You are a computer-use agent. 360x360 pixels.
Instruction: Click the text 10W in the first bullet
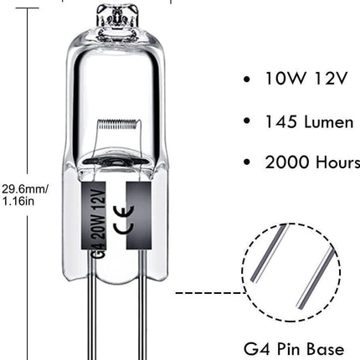(285, 78)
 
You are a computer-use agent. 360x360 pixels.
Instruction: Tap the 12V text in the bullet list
(330, 78)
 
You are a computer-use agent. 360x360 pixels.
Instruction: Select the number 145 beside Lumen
(280, 121)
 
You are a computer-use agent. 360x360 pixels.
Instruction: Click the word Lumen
(329, 121)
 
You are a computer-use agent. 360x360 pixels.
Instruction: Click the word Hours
(338, 162)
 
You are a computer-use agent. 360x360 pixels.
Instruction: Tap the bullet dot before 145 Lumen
(247, 121)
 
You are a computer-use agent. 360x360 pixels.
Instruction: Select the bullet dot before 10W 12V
(247, 80)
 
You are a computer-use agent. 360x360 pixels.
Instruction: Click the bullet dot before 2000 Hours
(247, 162)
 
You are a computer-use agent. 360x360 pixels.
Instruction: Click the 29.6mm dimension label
(25, 189)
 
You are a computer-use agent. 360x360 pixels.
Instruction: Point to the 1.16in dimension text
(18, 201)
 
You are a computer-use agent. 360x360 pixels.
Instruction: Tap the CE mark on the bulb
(123, 219)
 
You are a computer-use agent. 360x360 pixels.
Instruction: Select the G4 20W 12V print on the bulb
(100, 221)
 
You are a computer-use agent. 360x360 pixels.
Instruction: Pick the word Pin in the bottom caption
(288, 349)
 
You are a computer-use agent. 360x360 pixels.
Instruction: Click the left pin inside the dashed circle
(269, 254)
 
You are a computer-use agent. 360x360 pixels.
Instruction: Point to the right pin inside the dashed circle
(316, 278)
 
